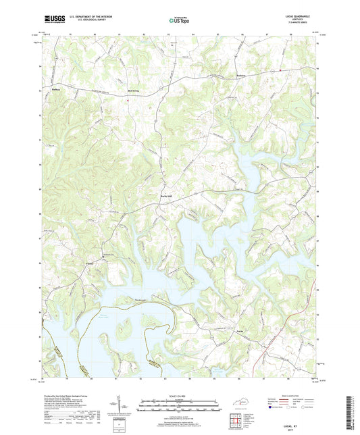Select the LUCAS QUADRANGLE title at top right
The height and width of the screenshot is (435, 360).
coord(297,15)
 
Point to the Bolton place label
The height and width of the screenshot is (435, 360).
coord(57,88)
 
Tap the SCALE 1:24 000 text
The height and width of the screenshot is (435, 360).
coord(179,394)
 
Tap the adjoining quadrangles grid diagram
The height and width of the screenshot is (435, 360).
coord(237,420)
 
